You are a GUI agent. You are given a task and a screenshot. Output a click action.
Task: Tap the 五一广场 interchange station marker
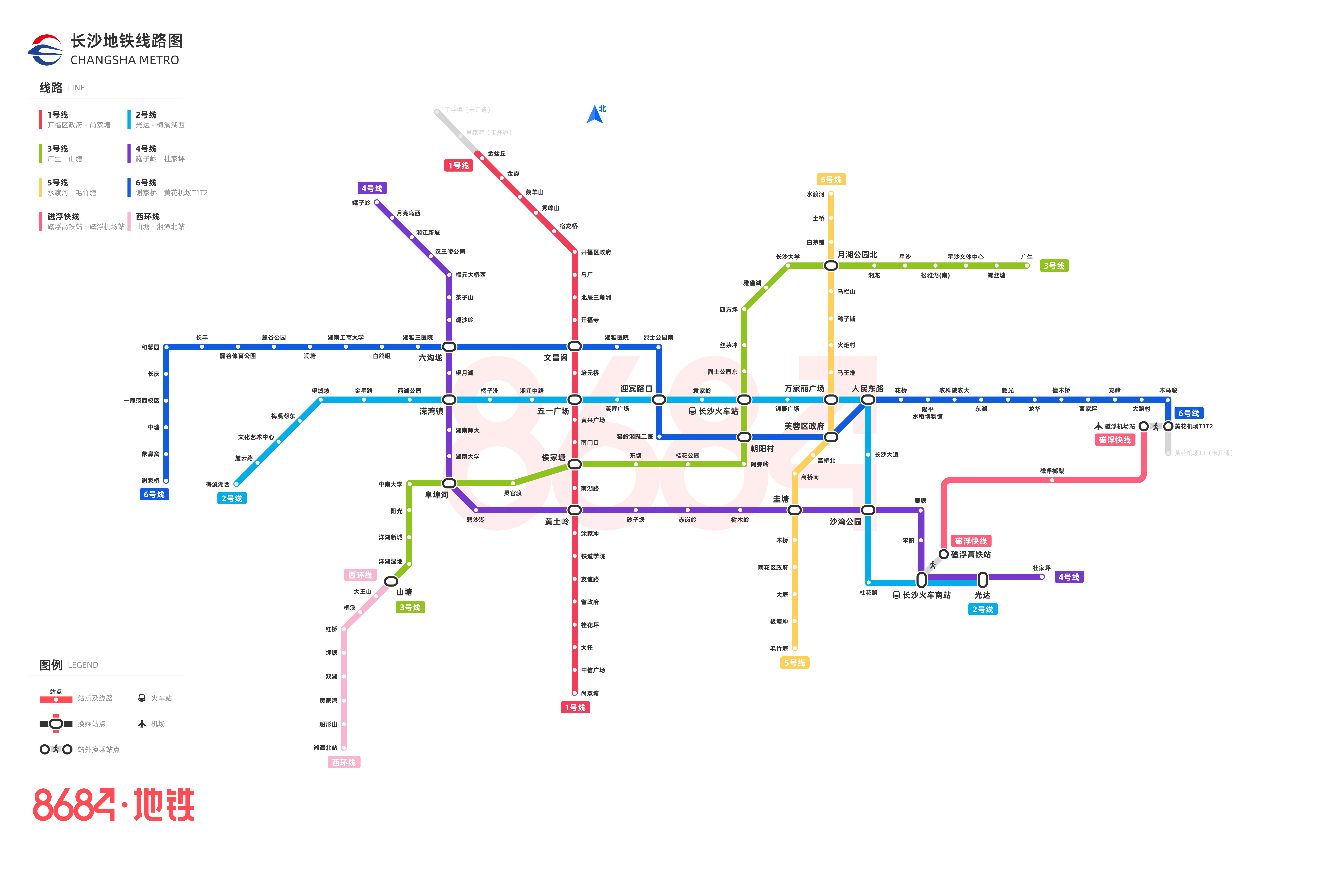pos(574,399)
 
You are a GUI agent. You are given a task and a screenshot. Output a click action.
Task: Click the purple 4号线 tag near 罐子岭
pos(372,188)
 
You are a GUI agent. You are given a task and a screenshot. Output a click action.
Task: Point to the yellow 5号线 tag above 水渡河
pos(831,180)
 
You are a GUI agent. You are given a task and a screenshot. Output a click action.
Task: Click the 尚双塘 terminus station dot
pos(574,693)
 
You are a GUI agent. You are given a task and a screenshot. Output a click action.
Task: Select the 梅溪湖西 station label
pos(218,484)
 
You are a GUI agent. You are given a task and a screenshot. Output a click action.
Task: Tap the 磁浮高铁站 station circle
pos(944,554)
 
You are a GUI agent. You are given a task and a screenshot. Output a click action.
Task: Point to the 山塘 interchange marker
pos(391,581)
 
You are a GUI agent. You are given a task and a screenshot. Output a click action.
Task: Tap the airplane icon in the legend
pos(142,724)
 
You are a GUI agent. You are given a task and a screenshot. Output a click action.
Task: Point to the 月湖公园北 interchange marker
pos(831,266)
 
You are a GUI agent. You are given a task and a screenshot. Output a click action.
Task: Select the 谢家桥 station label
pos(150,481)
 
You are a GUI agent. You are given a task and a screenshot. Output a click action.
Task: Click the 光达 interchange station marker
pos(982,580)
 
